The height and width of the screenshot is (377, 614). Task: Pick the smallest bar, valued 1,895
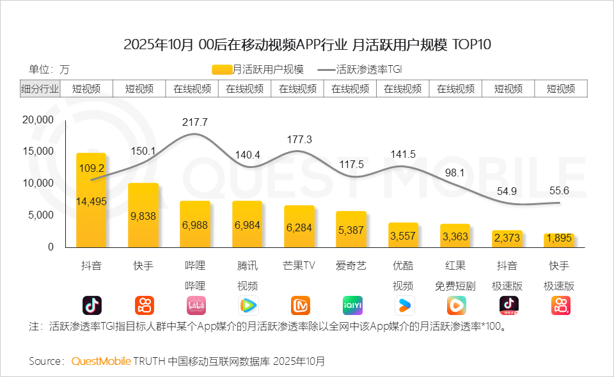559,240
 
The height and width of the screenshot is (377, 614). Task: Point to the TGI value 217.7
195,121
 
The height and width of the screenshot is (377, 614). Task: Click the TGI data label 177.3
299,139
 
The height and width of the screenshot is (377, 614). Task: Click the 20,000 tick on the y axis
38,120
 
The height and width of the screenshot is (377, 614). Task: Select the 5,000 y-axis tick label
41,215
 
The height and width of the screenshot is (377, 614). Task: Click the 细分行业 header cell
40,89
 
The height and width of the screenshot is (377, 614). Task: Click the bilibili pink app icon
196,305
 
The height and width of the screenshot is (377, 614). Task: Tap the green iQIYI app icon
352,305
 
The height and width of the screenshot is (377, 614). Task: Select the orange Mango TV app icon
300,305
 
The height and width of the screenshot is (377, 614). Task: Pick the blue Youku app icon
404,305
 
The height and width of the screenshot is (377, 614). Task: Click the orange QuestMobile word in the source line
101,361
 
